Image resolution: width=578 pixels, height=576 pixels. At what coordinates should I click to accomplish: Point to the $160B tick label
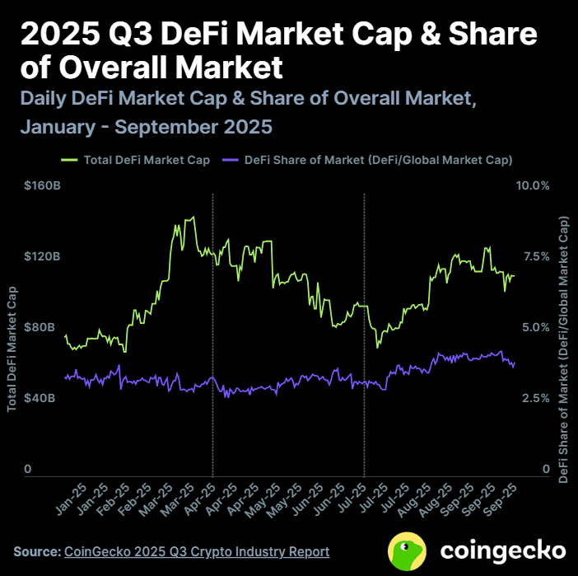tap(42, 185)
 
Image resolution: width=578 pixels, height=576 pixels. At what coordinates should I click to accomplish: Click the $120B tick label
tap(42, 256)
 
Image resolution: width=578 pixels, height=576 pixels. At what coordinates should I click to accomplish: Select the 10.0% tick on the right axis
tap(533, 185)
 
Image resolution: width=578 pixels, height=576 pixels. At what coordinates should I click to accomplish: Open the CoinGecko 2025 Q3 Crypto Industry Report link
tap(197, 551)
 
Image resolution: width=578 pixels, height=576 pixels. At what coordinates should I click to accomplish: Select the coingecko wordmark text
tap(502, 550)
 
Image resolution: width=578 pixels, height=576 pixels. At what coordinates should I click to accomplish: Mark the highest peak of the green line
tap(193, 218)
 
